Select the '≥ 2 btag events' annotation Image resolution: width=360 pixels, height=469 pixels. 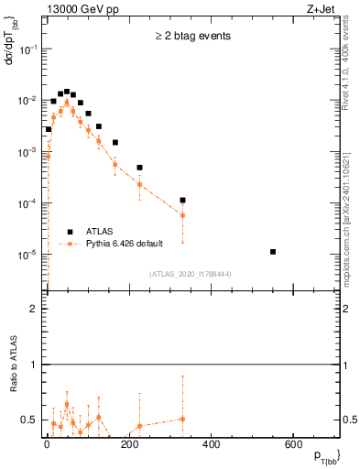[x=192, y=37]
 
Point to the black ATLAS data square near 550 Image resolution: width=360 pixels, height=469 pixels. [x=273, y=251]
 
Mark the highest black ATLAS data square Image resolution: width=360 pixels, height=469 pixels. [x=67, y=92]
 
